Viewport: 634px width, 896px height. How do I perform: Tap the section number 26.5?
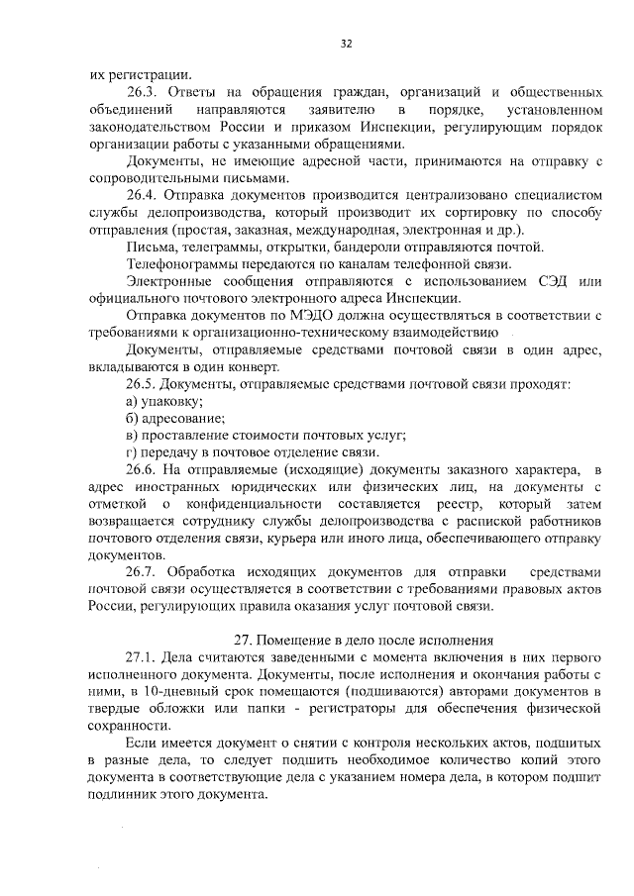(142, 383)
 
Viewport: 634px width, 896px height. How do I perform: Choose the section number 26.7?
(142, 572)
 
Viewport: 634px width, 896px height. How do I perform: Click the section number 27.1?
(142, 657)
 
